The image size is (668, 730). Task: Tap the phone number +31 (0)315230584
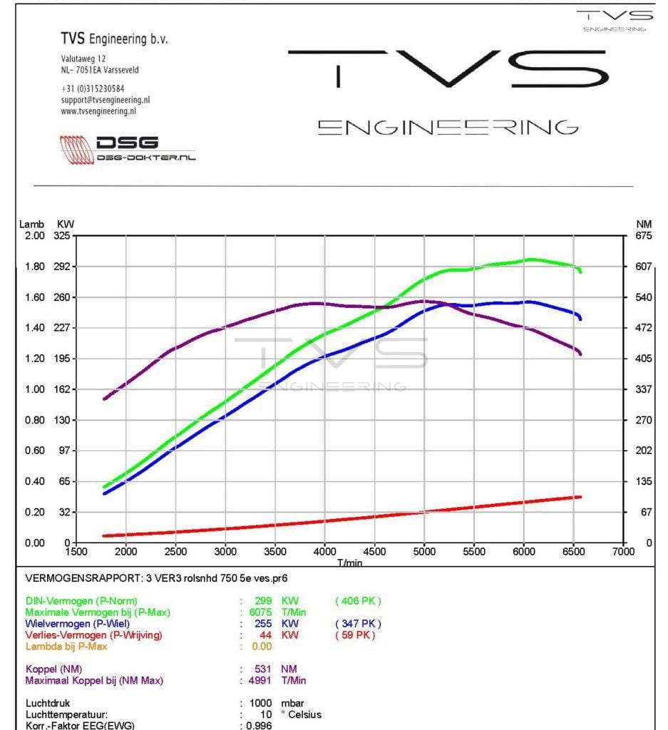(93, 88)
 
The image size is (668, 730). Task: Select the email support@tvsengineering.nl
(106, 100)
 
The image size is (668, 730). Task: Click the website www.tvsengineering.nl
(98, 111)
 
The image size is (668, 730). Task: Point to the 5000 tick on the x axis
(424, 551)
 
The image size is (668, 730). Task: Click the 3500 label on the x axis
(275, 551)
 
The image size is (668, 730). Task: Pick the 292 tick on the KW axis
(62, 267)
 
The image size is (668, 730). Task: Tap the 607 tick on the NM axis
(643, 267)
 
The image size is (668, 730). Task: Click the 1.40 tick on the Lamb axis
(35, 328)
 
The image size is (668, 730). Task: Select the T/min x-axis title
(350, 562)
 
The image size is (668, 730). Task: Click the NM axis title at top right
(643, 225)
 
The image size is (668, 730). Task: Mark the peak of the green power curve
(531, 259)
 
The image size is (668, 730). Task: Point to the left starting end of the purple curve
(105, 399)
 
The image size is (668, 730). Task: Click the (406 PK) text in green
(358, 601)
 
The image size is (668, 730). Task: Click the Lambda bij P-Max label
(66, 647)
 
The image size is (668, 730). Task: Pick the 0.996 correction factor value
(259, 726)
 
